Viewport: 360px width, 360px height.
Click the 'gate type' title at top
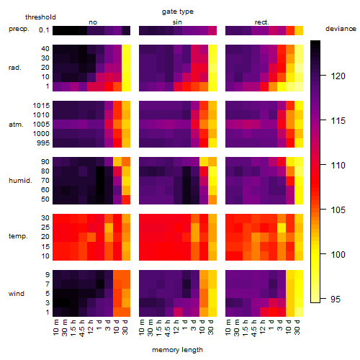pos(178,12)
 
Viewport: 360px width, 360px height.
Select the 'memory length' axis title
pos(177,350)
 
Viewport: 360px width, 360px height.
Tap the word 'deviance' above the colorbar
pos(341,29)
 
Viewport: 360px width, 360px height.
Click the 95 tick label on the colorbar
pos(336,299)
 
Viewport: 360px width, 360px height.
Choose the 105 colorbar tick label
pos(338,210)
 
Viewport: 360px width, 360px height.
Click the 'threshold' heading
pos(40,17)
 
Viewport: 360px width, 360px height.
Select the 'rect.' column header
pos(261,22)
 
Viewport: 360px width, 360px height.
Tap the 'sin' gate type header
pos(177,22)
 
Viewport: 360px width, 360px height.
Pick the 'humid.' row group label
pos(20,181)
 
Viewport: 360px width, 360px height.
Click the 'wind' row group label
pos(17,294)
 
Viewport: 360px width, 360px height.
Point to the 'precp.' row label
pos(19,29)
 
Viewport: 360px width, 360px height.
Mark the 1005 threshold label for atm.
pos(41,125)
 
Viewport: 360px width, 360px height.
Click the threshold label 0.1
pos(44,30)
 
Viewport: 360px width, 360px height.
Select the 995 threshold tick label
pos(43,143)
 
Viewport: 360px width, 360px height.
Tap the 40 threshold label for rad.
pos(45,49)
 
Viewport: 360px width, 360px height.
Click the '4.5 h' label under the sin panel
pos(167,328)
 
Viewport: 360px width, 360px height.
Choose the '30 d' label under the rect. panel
pos(297,327)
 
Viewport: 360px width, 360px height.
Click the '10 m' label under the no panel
pos(55,328)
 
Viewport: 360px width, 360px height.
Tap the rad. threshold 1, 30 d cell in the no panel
pos(126,86)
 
